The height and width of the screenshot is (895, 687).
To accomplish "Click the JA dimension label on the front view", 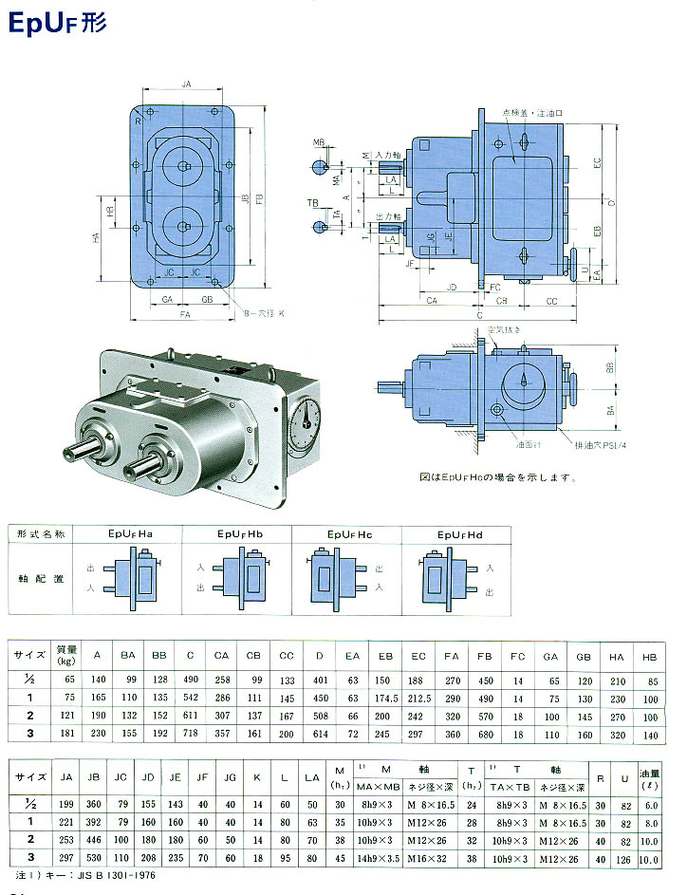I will click(187, 85).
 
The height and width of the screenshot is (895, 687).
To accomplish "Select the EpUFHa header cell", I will click(126, 535).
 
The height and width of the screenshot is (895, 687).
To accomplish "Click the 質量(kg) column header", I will click(66, 654).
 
